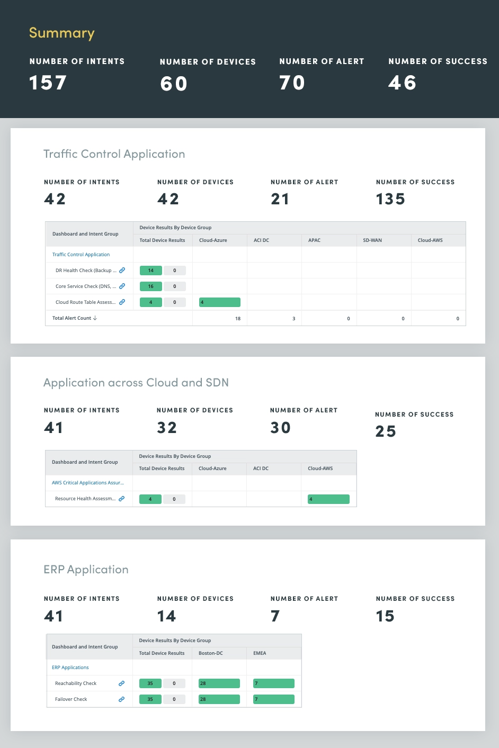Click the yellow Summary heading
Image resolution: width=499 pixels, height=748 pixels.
point(61,33)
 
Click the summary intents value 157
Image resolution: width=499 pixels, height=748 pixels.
point(48,83)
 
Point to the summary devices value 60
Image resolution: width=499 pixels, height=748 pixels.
point(174,84)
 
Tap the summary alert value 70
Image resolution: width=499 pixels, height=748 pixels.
point(292,83)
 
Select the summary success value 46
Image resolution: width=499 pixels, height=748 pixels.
point(402,83)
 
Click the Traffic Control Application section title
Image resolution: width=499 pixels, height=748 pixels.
point(114,154)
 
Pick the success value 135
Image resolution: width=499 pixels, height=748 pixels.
point(390,200)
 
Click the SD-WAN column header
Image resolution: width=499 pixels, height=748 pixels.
point(372,240)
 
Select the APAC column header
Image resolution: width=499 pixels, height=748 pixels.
point(315,240)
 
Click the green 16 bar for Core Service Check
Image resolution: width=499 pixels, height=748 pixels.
point(151,286)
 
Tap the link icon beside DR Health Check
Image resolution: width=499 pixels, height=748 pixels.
point(122,271)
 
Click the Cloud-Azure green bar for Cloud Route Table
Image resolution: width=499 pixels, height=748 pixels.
point(219,302)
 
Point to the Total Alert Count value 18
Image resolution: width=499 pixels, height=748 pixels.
point(238,319)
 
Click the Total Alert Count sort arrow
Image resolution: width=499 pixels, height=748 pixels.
point(95,318)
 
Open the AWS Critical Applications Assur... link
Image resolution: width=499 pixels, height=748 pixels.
point(87,483)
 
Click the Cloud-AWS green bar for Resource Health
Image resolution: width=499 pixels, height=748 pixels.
point(328,499)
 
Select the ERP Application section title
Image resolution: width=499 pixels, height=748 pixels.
point(86,570)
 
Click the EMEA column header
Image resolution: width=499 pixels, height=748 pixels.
point(260,653)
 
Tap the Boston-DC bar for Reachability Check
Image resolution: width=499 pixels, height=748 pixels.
point(219,683)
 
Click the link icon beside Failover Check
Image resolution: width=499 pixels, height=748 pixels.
point(121,699)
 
